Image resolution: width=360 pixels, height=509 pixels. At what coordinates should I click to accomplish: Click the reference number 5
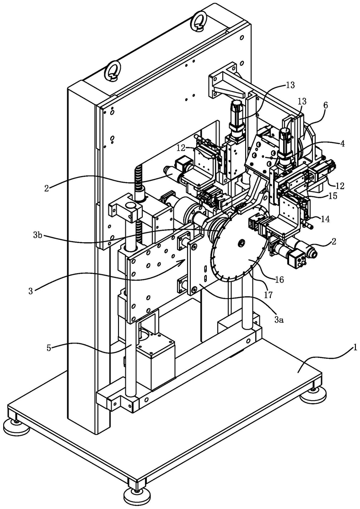pos(48,348)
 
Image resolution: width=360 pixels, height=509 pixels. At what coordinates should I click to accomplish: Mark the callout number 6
pos(325,105)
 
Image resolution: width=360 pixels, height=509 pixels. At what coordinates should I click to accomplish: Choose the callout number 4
pos(343,143)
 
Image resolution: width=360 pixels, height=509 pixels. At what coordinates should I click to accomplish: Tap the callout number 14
pos(326,219)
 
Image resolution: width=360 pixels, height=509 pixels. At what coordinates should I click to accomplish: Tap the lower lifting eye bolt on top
pos(112,71)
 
